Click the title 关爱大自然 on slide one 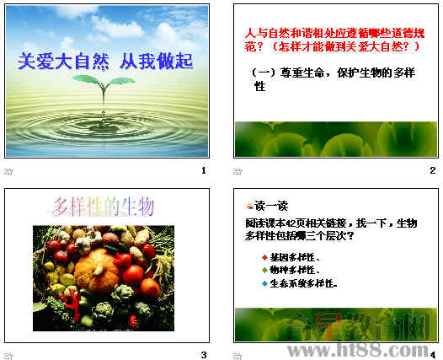(61, 61)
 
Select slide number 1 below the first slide (203, 171)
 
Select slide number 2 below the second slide (432, 171)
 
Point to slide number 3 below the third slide (203, 354)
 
